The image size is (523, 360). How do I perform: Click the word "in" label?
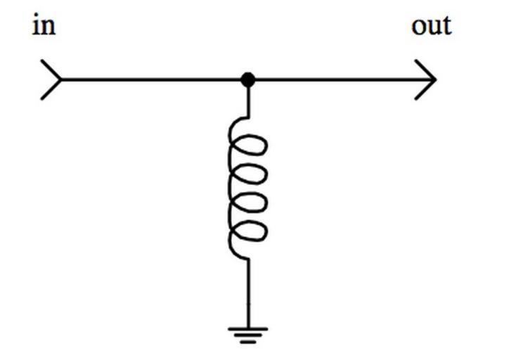tap(43, 26)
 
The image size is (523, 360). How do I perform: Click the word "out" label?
tap(431, 26)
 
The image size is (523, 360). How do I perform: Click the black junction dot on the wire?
tap(247, 79)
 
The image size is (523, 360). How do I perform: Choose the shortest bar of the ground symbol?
tap(247, 342)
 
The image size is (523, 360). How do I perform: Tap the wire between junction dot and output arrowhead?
tap(337, 79)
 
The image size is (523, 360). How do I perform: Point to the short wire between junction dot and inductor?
tap(247, 102)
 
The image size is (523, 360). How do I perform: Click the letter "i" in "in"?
tap(36, 26)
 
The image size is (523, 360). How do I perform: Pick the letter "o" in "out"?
tap(420, 27)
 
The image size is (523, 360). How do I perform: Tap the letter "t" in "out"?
tap(446, 26)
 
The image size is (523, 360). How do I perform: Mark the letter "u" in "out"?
tap(434, 27)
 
